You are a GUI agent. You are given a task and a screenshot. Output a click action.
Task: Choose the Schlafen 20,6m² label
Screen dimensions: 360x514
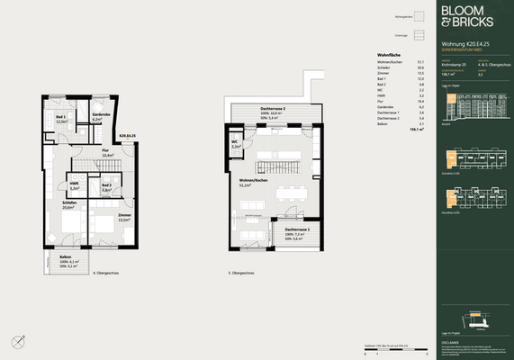tap(68, 205)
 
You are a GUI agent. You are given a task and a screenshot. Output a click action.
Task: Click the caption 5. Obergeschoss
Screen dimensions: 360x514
tap(242, 273)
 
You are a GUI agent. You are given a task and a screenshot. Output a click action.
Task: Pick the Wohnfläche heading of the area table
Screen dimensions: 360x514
tap(389, 56)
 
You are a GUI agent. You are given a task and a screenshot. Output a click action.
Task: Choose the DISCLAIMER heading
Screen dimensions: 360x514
tap(450, 344)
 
